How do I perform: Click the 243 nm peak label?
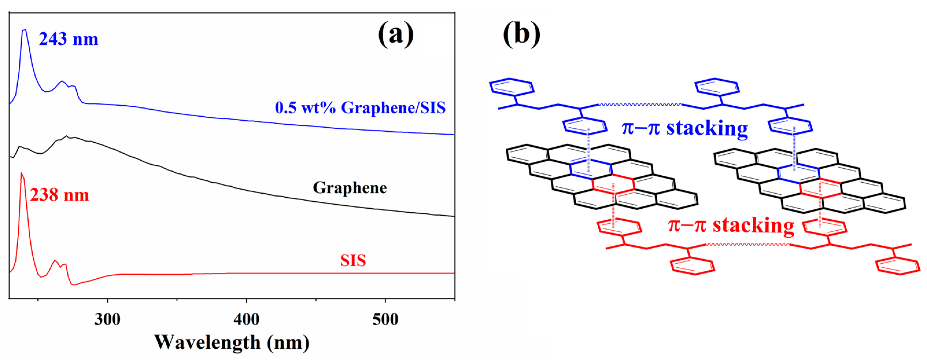[68, 39]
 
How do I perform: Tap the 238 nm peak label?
[59, 195]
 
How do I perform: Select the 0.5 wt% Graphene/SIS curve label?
[360, 108]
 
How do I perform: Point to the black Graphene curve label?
[350, 188]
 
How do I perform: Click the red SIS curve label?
[353, 260]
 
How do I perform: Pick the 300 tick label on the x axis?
[107, 319]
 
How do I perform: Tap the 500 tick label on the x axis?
[385, 319]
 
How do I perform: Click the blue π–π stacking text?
[684, 128]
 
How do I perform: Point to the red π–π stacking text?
[731, 225]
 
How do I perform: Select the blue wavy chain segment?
[640, 105]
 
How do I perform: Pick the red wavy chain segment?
[747, 245]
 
